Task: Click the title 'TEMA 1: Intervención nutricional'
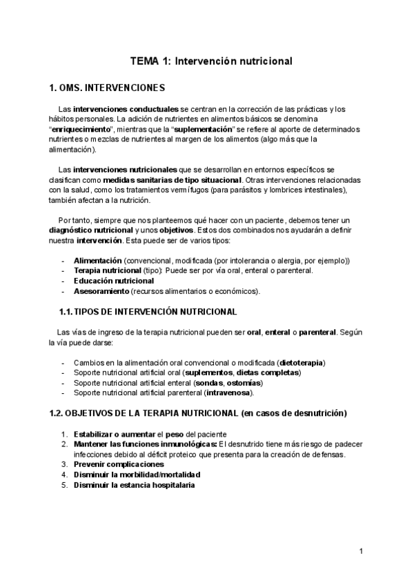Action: point(211,61)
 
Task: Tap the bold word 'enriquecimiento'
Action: point(81,129)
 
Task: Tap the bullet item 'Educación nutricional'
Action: point(114,281)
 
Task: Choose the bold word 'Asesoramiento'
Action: point(101,291)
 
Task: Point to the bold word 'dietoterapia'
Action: point(300,362)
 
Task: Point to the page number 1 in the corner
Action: point(361,551)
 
